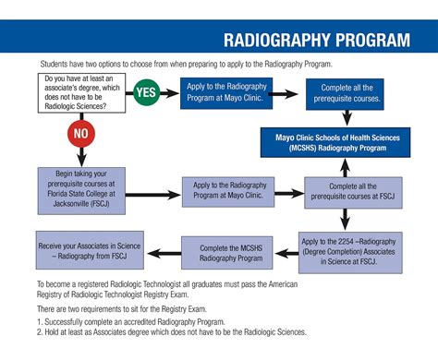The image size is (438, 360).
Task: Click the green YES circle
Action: tap(146, 92)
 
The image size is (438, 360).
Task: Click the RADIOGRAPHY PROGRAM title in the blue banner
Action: tap(317, 41)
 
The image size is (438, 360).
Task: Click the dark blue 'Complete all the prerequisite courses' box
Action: tap(347, 92)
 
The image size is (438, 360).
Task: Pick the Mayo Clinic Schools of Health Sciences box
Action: tap(344, 141)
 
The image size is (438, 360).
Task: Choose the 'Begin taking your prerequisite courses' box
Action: tap(82, 188)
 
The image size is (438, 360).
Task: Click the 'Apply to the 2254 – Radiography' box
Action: tap(350, 249)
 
